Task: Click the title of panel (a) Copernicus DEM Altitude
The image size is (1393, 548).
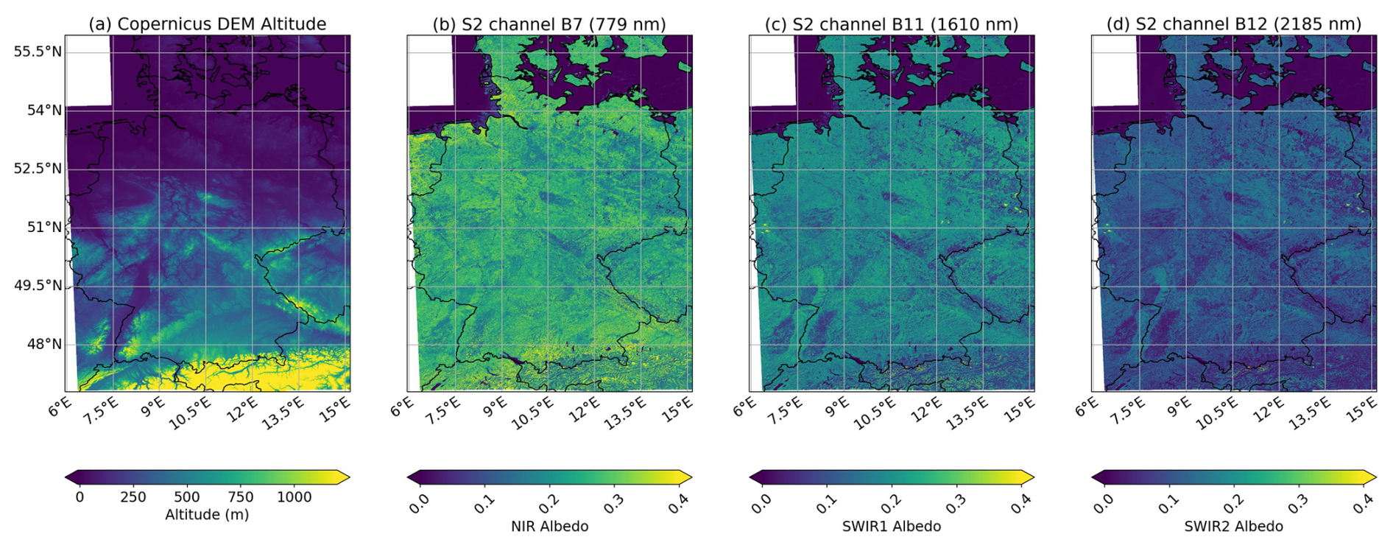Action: [x=208, y=24]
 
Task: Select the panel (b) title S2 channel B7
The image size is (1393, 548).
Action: [x=549, y=24]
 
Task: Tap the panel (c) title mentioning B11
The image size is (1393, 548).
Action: [x=892, y=24]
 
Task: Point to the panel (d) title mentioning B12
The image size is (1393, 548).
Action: [x=1234, y=24]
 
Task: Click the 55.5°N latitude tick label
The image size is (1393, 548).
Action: [x=38, y=52]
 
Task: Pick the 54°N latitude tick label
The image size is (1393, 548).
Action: [x=44, y=110]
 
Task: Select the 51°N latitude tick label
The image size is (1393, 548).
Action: [x=44, y=227]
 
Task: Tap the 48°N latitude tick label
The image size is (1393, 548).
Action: [x=44, y=344]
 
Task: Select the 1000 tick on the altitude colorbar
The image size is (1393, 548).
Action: [x=295, y=497]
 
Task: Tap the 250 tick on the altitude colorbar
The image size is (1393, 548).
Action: [x=133, y=497]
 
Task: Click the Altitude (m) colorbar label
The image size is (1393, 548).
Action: [x=207, y=515]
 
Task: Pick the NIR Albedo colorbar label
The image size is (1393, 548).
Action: [x=549, y=527]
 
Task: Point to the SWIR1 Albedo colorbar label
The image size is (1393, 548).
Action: [x=892, y=527]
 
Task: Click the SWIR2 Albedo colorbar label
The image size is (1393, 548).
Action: [x=1234, y=527]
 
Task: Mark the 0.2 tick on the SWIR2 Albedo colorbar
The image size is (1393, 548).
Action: [x=1233, y=502]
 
